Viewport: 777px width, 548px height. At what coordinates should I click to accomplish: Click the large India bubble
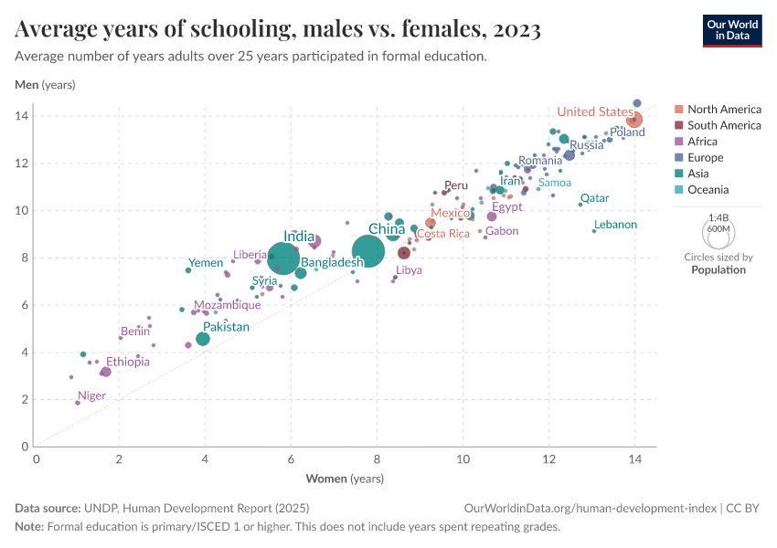285,258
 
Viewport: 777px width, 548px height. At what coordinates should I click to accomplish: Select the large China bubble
368,251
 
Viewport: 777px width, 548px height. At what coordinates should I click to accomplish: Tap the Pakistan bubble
203,339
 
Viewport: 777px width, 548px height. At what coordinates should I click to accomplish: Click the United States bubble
633,120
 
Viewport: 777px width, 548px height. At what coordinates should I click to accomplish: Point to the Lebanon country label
615,225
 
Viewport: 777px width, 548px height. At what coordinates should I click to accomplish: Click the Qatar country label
594,198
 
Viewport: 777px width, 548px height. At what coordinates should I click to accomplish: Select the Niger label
91,396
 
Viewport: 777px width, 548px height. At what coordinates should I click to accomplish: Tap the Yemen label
206,263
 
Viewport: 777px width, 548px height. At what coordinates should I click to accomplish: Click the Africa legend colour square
678,142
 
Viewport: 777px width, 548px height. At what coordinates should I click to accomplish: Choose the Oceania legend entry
708,190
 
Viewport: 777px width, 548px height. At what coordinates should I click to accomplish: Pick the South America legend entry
723,125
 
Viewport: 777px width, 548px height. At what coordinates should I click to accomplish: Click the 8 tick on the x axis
377,459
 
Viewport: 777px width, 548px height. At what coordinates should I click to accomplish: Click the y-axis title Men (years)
45,85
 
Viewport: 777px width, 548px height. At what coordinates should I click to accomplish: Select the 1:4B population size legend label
718,217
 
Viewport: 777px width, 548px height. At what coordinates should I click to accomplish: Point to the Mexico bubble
431,223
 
